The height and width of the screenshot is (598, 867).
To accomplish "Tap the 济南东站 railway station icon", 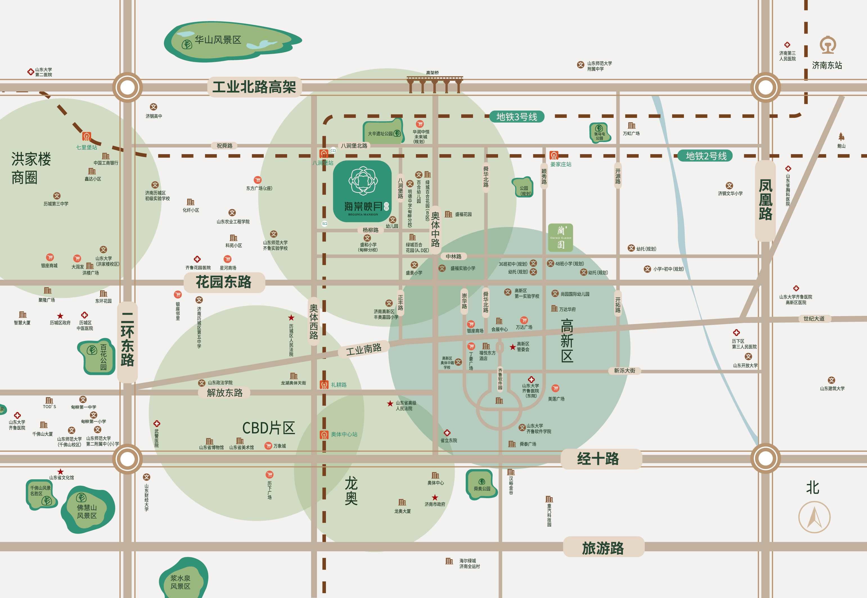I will click(x=828, y=45).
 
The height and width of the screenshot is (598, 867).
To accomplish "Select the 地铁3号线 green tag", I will click(x=517, y=117).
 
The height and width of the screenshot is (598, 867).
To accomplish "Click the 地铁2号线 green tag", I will click(x=706, y=156).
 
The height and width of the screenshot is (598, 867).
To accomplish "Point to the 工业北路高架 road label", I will click(x=254, y=87).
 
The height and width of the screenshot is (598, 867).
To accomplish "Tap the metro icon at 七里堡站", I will click(x=87, y=136).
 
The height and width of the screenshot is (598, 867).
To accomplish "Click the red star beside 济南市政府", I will click(x=435, y=498).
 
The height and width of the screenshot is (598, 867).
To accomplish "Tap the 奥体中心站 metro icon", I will click(x=324, y=435).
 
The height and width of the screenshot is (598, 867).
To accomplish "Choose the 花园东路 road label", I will click(x=224, y=282).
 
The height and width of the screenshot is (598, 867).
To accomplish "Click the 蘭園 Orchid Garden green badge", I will click(x=560, y=238).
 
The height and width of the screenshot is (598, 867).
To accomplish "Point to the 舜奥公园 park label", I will click(x=482, y=485).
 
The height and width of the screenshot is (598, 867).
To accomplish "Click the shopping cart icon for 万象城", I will click(x=268, y=446).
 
